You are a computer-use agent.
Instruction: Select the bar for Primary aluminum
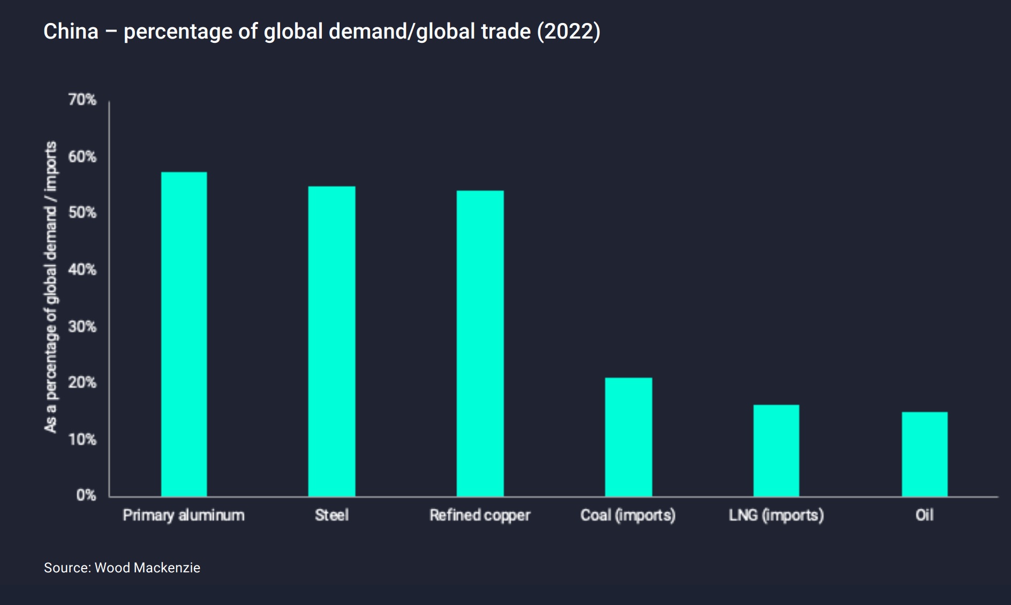[x=184, y=335]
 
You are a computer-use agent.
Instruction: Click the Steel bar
[x=331, y=342]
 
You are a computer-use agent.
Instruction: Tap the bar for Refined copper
[x=480, y=344]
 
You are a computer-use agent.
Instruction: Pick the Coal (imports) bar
[x=628, y=437]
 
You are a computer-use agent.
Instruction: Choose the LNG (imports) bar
[x=776, y=451]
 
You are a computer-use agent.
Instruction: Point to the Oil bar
[x=924, y=454]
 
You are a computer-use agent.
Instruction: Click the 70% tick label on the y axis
[x=82, y=100]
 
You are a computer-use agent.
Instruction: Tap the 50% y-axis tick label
[x=82, y=213]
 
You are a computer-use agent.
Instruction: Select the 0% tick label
[x=86, y=495]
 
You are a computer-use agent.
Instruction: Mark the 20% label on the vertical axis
[x=82, y=382]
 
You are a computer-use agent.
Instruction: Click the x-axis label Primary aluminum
[x=184, y=515]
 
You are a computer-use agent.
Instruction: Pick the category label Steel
[x=331, y=515]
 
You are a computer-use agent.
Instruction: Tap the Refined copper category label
[x=480, y=515]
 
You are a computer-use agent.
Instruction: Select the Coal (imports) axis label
[x=628, y=515]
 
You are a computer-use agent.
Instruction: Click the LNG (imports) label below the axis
[x=776, y=515]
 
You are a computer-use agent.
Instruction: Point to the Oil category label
[x=924, y=515]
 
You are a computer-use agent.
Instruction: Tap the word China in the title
[x=71, y=32]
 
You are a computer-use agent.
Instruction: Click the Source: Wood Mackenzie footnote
[x=122, y=568]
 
